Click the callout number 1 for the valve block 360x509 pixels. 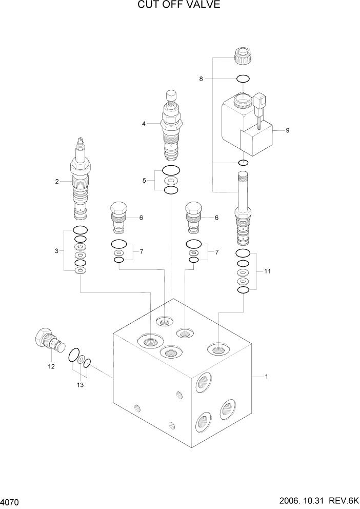click(266, 377)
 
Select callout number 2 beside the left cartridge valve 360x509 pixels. click(57, 181)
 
